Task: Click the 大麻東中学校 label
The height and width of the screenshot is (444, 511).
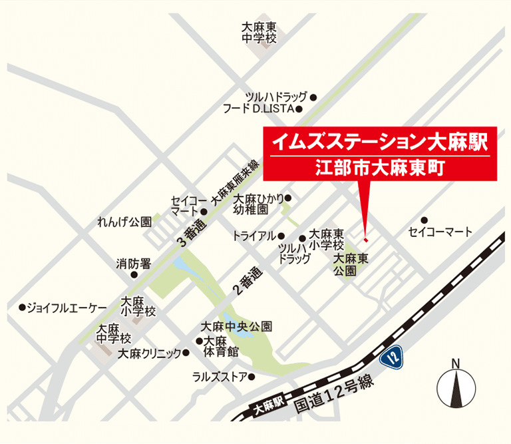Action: [259, 33]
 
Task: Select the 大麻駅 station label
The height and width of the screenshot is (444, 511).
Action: [269, 403]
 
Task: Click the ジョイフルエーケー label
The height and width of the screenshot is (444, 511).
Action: [66, 308]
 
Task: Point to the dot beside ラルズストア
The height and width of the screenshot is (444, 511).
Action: [253, 377]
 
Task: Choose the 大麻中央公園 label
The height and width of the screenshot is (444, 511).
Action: [237, 327]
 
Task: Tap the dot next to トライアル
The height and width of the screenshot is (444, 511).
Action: [281, 236]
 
